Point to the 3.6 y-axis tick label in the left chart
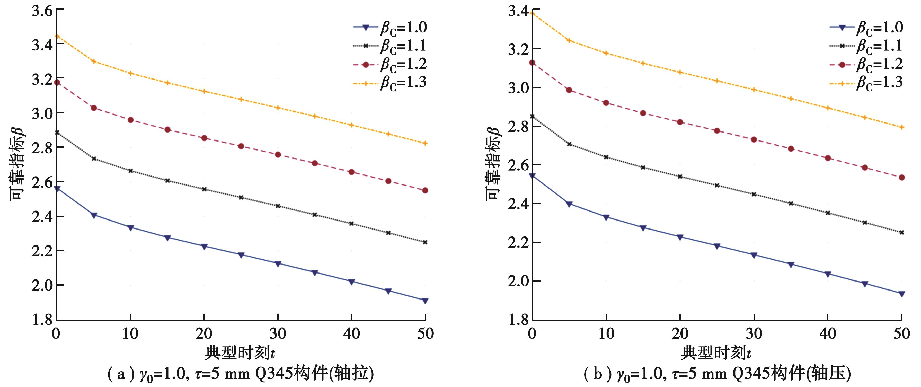(x=42, y=11)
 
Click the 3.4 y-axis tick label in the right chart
(x=518, y=11)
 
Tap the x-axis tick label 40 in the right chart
(x=827, y=334)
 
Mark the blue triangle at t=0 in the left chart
(x=57, y=189)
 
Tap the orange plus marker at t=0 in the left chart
(x=57, y=36)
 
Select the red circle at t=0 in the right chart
(x=532, y=63)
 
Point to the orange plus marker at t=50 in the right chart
(x=902, y=127)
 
